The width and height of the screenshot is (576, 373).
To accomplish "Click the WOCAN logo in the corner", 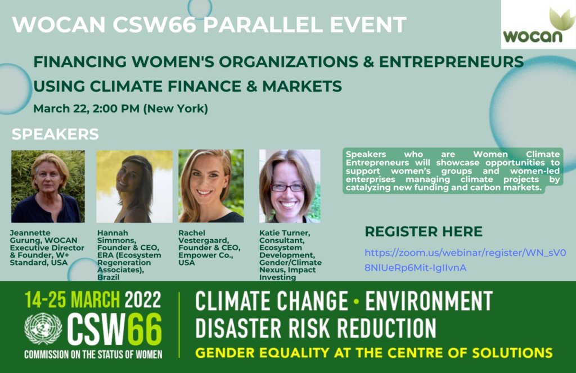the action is [x=538, y=24].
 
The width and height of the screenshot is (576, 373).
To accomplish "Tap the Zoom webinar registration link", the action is [x=465, y=260].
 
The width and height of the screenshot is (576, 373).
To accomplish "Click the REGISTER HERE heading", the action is [x=424, y=232].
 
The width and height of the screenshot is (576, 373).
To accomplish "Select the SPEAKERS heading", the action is [x=55, y=134].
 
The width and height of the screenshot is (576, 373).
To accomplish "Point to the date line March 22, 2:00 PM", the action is [x=120, y=109].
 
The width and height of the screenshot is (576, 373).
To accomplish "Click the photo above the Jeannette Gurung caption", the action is [x=48, y=186].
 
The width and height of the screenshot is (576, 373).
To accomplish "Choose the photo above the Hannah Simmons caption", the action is [x=134, y=186].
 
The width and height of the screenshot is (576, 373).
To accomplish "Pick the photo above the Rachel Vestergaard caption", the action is [x=211, y=186].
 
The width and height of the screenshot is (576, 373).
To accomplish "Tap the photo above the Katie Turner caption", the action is [x=290, y=186].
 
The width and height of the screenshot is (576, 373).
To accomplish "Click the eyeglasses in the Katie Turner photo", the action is [x=289, y=187].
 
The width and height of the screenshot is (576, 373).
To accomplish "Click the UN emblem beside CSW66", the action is [x=43, y=329].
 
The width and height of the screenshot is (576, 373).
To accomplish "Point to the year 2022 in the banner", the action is [x=142, y=300].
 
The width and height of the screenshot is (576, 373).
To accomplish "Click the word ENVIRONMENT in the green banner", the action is [x=429, y=301].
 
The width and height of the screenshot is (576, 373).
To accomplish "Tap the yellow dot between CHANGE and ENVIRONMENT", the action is [x=356, y=302].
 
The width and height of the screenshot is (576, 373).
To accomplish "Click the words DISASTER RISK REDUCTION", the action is [x=316, y=328].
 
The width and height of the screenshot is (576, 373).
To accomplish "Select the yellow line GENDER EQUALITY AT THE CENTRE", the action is [x=374, y=353].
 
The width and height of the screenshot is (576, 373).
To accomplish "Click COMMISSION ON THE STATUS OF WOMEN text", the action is [x=93, y=354].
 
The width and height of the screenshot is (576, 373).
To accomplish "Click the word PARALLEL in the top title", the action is [x=263, y=25].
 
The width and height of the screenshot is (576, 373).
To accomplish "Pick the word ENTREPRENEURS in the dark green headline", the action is [x=452, y=62].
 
